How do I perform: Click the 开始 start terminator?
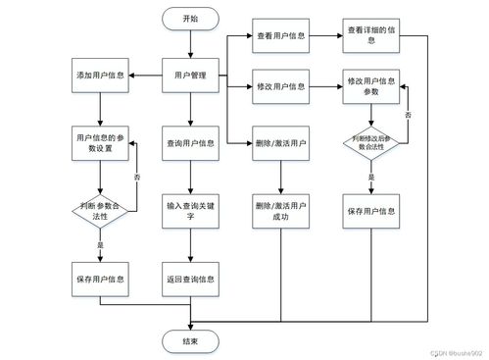pos(190,19)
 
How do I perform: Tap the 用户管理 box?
pos(190,75)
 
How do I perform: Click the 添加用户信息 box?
pos(99,75)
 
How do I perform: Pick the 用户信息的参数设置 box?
pos(99,142)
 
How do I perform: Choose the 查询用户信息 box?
pos(190,142)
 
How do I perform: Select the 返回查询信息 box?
pos(190,278)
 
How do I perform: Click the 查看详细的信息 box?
pos(371,35)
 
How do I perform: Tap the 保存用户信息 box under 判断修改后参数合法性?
pos(371,210)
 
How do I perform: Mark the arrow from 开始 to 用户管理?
pos(190,44)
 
